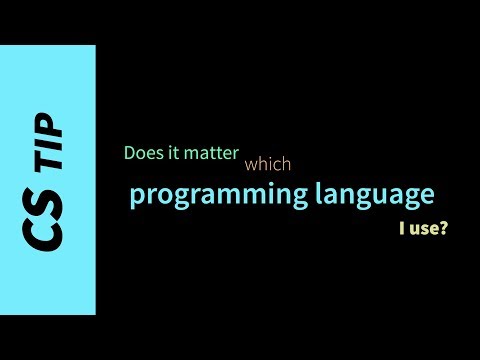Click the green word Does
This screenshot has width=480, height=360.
(142, 154)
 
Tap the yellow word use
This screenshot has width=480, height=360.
(421, 230)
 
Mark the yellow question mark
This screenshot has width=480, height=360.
(442, 229)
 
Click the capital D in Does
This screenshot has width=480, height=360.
(130, 154)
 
